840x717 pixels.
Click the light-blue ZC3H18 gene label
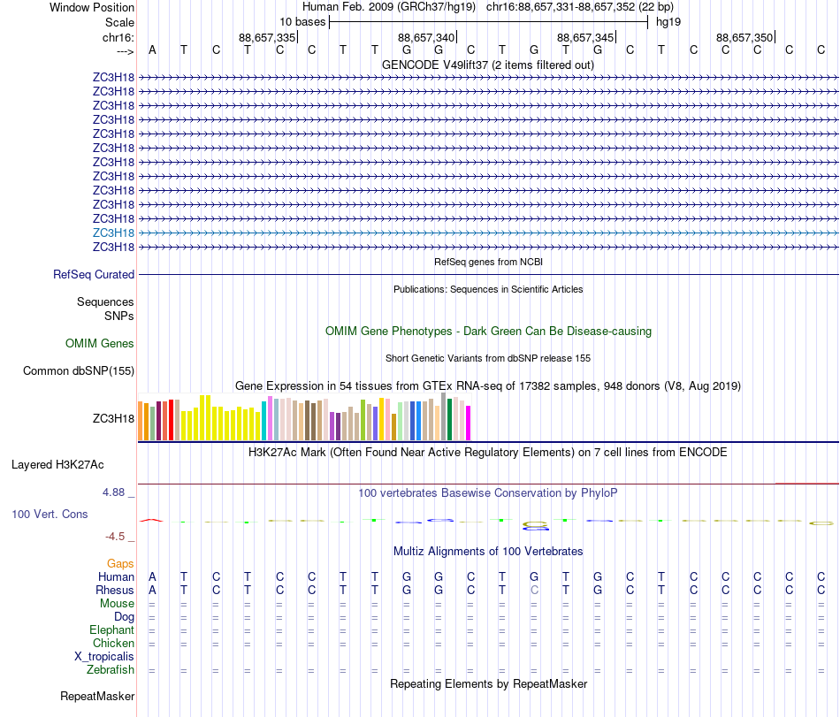click(113, 233)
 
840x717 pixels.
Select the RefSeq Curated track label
click(94, 275)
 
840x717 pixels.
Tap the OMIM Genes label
click(99, 343)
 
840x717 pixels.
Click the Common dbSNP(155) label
click(78, 371)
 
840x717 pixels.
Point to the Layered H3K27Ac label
click(70, 464)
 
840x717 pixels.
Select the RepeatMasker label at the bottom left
click(96, 697)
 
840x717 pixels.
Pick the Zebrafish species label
click(111, 670)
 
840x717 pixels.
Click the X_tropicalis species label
click(104, 657)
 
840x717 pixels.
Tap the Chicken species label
click(113, 644)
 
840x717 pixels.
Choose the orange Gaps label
click(120, 563)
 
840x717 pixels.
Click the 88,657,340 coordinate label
click(426, 37)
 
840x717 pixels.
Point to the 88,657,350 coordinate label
click(745, 37)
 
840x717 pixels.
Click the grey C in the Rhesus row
click(534, 590)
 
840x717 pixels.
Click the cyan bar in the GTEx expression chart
click(263, 420)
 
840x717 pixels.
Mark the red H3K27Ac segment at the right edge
click(806, 484)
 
